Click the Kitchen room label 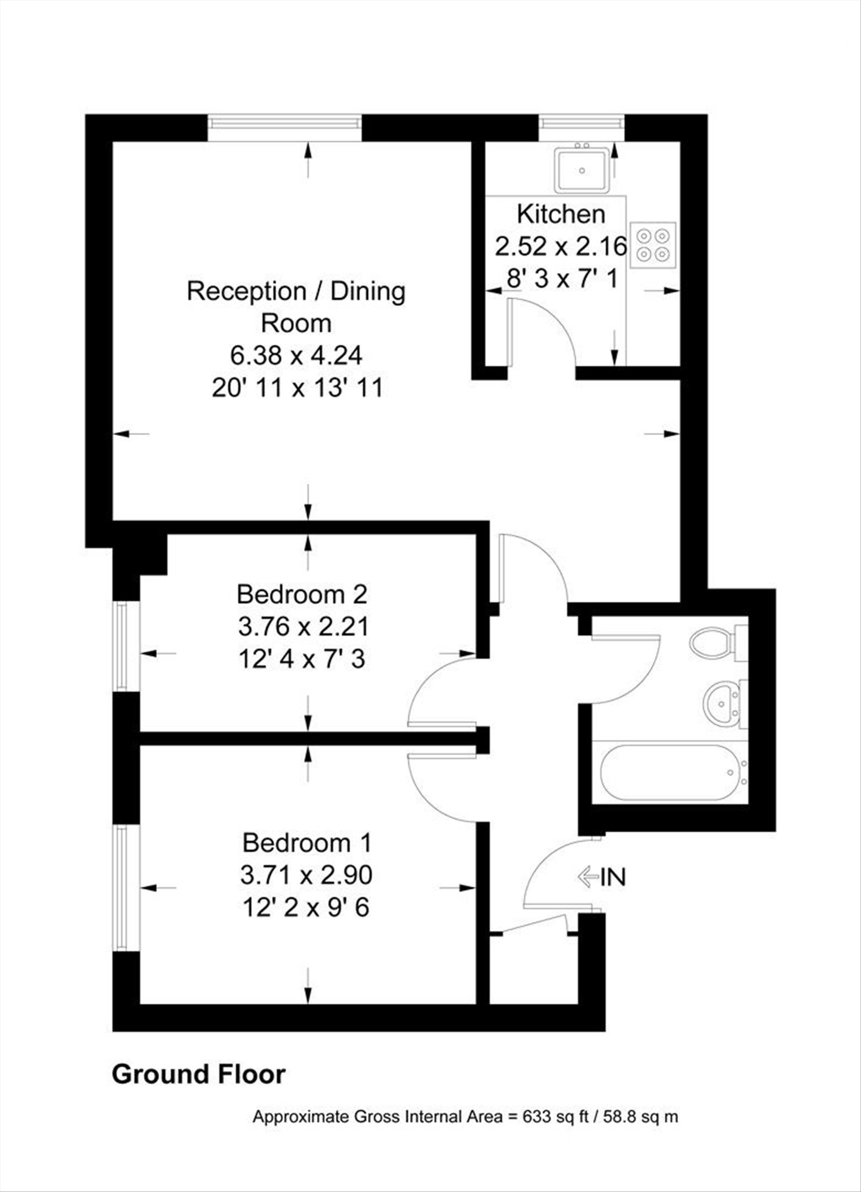561,214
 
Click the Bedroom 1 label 307,843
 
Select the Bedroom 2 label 302,595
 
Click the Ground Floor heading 199,1074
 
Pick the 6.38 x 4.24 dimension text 296,356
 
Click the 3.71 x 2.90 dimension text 306,875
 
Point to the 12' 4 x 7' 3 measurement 302,660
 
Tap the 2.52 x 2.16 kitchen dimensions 561,246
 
